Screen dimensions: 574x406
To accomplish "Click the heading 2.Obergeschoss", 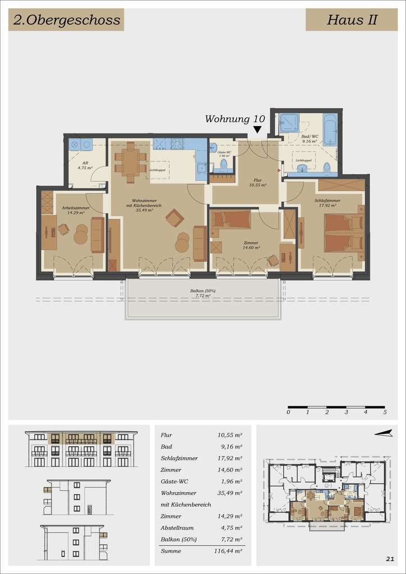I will (x=66, y=21).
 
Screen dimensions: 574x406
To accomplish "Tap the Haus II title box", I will (x=352, y=21).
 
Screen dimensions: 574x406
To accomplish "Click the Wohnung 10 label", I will (x=235, y=119).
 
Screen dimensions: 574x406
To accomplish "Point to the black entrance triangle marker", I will (x=257, y=130).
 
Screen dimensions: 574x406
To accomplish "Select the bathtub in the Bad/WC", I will (x=330, y=130).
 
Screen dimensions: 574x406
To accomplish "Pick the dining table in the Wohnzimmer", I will (x=130, y=162).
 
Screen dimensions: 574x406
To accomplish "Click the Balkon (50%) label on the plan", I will (x=202, y=291).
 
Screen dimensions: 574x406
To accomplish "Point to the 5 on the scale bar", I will (x=385, y=412).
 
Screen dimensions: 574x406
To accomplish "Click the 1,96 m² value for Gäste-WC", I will (x=229, y=482).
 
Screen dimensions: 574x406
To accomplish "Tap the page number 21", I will (x=390, y=558).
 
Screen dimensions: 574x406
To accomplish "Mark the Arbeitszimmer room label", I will (x=72, y=208).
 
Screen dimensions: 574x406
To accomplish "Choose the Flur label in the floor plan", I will (x=258, y=180).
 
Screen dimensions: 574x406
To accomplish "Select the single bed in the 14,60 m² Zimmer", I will (x=231, y=219).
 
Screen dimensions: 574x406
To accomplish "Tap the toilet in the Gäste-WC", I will (x=223, y=164).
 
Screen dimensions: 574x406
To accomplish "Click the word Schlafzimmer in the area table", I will (x=179, y=458).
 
